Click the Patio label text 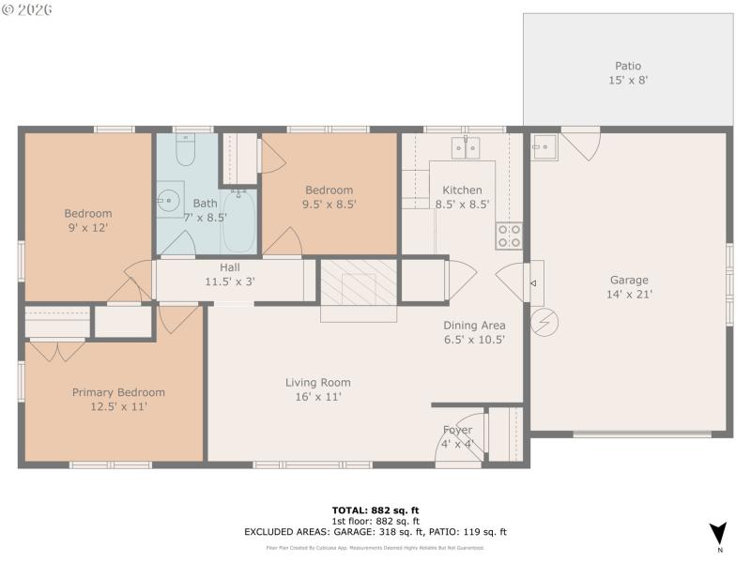point(628,73)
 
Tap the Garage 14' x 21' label point(628,287)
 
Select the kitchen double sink point(465,147)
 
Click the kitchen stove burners point(509,236)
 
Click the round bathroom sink point(169,201)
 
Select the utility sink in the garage point(544,147)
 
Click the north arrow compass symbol point(718,533)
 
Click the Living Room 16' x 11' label point(318,389)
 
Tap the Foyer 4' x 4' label point(458,437)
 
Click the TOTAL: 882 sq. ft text point(375,510)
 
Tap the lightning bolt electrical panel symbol point(543,324)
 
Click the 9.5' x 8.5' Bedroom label point(329,196)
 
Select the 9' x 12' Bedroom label point(87,220)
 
